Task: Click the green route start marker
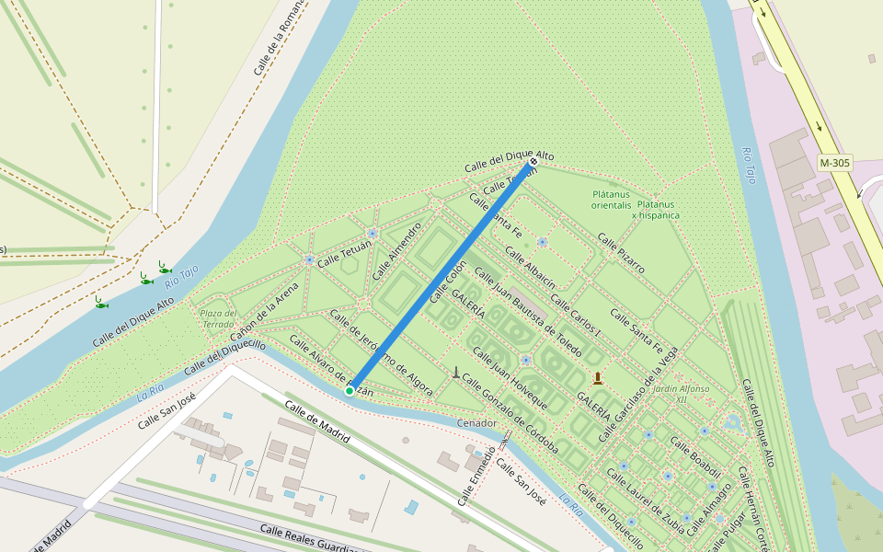click(350, 391)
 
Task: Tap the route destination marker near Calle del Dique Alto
click(533, 162)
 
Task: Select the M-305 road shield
click(834, 163)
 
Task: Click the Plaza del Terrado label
click(218, 318)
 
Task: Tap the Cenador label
click(476, 423)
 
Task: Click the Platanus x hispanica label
click(657, 210)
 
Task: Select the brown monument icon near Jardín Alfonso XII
click(598, 377)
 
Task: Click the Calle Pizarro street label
click(621, 253)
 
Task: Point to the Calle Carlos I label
click(576, 316)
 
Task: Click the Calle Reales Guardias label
click(308, 539)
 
